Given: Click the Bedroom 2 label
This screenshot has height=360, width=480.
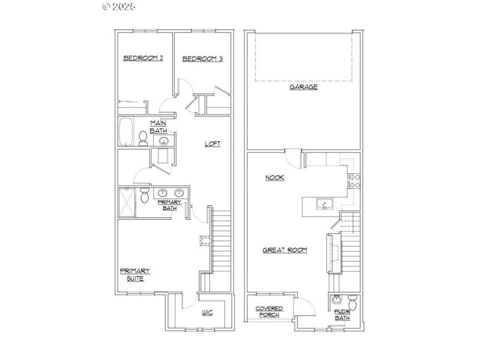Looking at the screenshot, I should [143, 58].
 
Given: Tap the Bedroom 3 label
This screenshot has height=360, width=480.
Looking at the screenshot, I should [203, 58].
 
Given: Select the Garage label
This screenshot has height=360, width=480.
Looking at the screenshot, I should [304, 87].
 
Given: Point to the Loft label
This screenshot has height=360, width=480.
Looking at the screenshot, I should [212, 143].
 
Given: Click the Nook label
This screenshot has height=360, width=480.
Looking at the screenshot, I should [275, 178].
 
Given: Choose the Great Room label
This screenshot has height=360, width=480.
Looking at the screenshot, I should [285, 250].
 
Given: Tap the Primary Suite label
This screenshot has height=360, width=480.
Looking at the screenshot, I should [135, 275].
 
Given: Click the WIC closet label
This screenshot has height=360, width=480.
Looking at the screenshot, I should [208, 313].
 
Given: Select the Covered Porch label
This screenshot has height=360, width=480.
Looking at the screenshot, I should [269, 311].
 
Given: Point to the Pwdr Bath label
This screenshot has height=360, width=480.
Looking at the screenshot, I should [342, 314].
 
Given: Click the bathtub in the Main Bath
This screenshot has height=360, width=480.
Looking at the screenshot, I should [126, 132].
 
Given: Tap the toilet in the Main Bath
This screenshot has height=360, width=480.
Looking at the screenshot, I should [143, 139].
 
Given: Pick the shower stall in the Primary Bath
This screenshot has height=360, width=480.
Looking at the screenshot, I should [127, 202].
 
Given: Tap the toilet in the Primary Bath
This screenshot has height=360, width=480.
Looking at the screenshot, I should [145, 196].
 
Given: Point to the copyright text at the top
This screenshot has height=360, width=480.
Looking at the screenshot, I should [119, 7].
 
